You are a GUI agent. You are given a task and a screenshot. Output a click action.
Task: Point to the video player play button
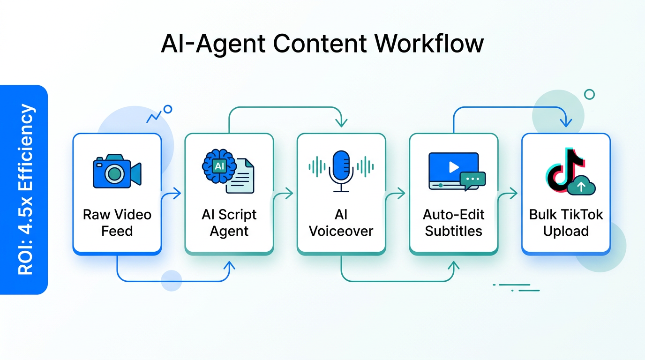453,167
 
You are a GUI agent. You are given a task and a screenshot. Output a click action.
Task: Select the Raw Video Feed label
117,223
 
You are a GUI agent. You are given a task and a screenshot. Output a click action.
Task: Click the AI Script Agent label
229,223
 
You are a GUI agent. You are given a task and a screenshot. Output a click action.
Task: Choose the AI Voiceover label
341,223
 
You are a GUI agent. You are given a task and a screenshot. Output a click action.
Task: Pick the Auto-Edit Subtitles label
453,223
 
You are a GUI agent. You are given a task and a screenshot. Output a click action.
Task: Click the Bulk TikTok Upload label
566,223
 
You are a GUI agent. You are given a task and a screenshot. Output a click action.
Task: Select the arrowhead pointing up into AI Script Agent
229,266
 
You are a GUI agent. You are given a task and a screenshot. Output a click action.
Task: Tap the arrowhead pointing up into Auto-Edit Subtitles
453,266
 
